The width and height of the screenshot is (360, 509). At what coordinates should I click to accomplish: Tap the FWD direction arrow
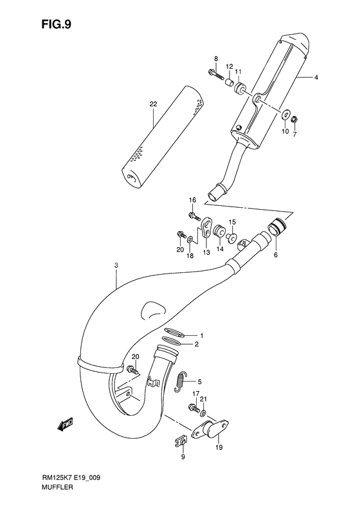tap(66, 424)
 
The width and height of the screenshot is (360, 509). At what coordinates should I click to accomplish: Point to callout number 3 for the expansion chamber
tap(116, 265)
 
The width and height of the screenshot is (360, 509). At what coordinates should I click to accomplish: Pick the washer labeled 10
tap(284, 115)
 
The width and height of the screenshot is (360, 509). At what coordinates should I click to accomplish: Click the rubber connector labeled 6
tap(277, 227)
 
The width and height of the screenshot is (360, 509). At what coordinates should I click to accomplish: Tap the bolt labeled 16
tap(192, 214)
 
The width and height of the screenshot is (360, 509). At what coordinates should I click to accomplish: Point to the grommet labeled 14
tap(219, 230)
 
